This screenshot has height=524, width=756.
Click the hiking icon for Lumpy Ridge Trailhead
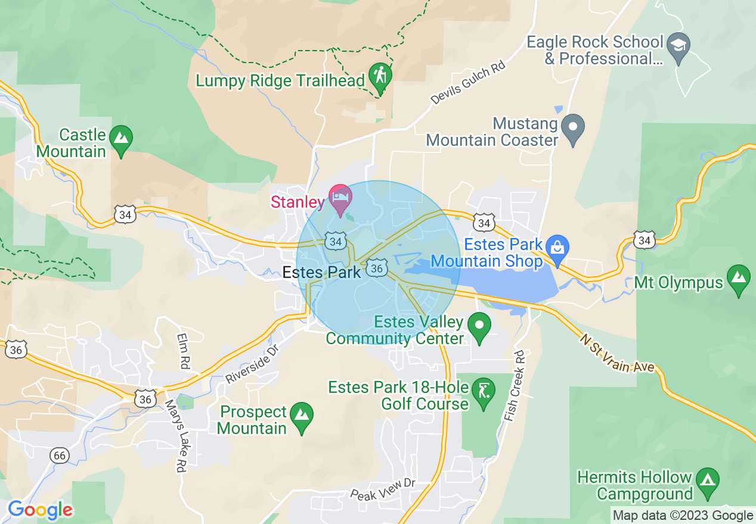[x=379, y=76]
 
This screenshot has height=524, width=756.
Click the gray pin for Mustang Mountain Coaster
[x=573, y=127]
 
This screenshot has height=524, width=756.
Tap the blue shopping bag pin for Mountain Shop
[x=557, y=248]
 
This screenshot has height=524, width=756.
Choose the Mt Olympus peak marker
[x=739, y=278]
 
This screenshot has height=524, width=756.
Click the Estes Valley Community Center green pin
[x=479, y=326]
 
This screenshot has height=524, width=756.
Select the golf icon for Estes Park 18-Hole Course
[x=482, y=392]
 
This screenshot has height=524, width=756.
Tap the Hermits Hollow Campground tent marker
[x=708, y=479]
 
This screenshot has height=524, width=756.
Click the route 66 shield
[x=59, y=456]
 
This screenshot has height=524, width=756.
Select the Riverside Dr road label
[x=252, y=363]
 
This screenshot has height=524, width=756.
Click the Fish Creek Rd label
[x=515, y=386]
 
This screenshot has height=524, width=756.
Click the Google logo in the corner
[x=40, y=510]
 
